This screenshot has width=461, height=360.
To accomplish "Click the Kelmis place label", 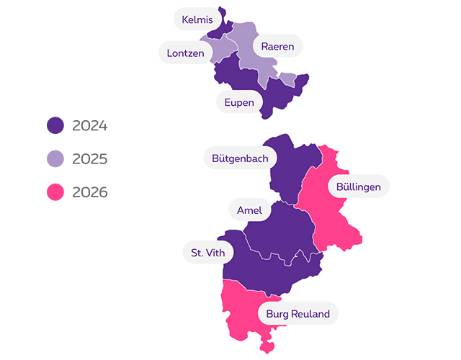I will [x=197, y=19].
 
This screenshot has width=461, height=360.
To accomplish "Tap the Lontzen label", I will [x=185, y=53].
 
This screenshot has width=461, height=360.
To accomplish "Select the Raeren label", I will [x=277, y=46].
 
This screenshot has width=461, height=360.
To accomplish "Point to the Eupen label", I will [x=239, y=103].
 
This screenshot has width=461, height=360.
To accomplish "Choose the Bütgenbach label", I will [x=240, y=158].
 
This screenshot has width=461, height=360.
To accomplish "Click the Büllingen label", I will [x=359, y=187].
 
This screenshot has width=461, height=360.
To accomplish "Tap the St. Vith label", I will [x=208, y=253].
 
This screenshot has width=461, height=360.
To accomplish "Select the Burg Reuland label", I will [x=297, y=314].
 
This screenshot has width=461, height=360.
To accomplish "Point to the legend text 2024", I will [x=90, y=126].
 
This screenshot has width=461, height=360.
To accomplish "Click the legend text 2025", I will [x=90, y=159].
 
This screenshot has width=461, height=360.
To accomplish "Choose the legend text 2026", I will [x=90, y=192].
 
